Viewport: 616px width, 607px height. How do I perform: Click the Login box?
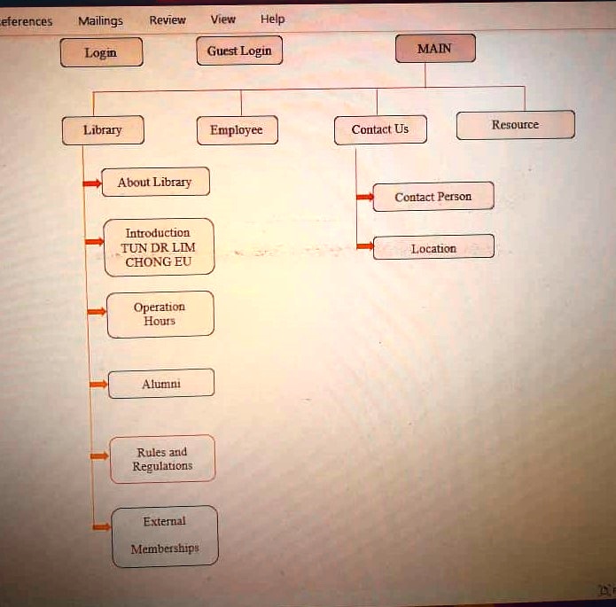click(x=101, y=52)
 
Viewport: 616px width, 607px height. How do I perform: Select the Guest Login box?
click(x=239, y=51)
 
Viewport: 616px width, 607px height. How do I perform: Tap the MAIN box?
click(x=435, y=49)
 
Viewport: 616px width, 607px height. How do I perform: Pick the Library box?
click(x=103, y=130)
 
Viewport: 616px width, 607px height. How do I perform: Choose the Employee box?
click(x=238, y=130)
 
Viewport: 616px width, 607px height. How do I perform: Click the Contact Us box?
click(x=380, y=129)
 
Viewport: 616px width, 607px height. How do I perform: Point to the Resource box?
click(x=516, y=125)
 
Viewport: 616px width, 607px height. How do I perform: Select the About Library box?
click(x=156, y=182)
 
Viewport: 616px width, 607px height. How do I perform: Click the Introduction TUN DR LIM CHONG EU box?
click(x=160, y=247)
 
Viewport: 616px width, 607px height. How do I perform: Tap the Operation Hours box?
click(x=160, y=315)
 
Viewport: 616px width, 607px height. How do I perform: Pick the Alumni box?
click(x=161, y=384)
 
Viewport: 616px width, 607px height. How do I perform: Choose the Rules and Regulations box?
click(x=163, y=459)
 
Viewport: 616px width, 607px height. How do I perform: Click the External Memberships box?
click(x=165, y=536)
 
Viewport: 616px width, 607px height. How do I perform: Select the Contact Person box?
click(x=433, y=197)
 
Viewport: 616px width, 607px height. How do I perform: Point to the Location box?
click(x=433, y=247)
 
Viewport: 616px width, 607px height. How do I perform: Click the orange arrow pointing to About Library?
click(x=92, y=183)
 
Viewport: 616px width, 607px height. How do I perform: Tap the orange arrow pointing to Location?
click(x=365, y=246)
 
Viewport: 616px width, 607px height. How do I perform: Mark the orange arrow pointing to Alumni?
click(x=98, y=385)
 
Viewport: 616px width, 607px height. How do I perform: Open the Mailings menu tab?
click(x=100, y=20)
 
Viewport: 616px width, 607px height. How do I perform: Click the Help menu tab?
click(x=273, y=19)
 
